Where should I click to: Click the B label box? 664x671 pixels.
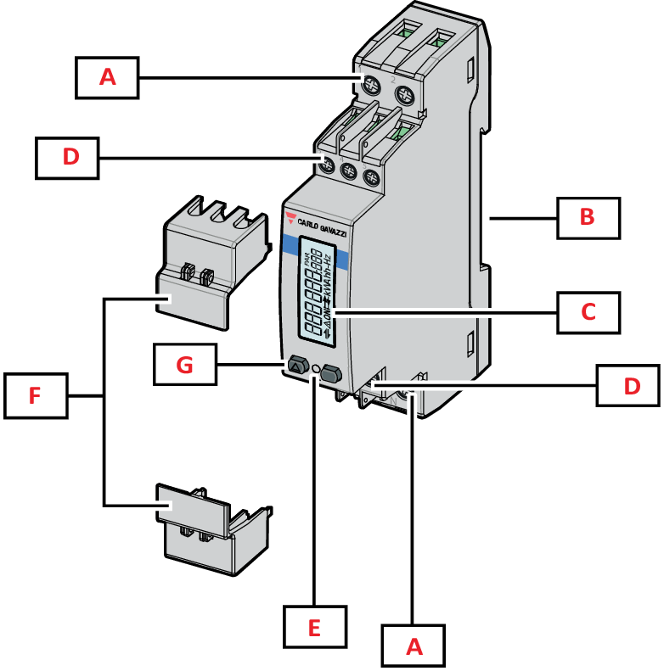point(588,218)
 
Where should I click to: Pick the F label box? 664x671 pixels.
point(34,395)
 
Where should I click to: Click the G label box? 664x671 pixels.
point(185,366)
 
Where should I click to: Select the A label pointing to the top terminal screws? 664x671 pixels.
point(107,77)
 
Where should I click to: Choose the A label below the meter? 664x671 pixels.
point(414,647)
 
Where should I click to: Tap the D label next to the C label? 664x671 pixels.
point(628,387)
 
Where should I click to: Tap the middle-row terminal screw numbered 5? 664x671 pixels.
point(370,178)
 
